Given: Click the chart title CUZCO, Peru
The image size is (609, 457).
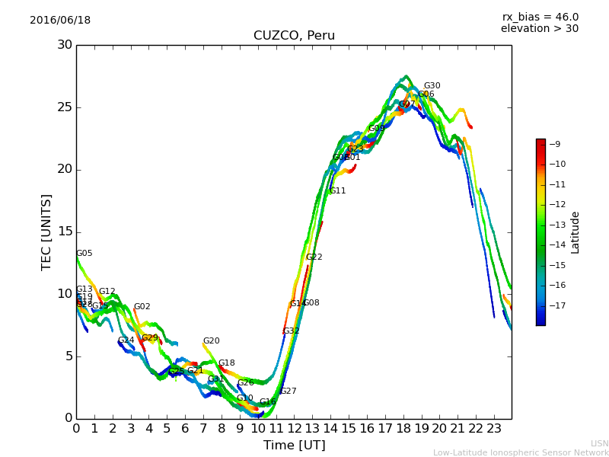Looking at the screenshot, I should coord(294,36).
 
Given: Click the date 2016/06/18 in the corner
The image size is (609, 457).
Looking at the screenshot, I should coord(60,21).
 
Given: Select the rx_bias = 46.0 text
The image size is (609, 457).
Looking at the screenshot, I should coord(540,18).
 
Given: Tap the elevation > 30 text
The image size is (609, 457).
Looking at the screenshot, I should coord(540,29).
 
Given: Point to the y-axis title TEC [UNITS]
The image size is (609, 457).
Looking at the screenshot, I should coord(46,232).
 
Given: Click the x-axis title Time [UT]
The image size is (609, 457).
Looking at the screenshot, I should coord(294,446).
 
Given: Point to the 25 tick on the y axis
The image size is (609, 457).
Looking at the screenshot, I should coord(64,107).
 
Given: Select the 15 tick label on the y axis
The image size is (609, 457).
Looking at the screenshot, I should coord(64,232).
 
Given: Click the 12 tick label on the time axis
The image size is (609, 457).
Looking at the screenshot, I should coord(294,429).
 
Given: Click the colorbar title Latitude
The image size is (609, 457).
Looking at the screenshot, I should coord(576,232).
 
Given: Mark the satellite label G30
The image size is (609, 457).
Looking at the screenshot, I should coord(432,86).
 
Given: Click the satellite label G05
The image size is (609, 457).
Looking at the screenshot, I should coord(84,254).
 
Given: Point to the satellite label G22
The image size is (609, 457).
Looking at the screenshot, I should coord(314,257).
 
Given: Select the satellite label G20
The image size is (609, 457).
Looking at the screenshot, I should coord(211,341).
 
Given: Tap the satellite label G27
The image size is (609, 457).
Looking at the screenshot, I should coord(288,391).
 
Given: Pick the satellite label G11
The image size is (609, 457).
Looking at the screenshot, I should coord(337,191).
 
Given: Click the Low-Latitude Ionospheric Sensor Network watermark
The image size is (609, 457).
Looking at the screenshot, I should coord(521,452).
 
